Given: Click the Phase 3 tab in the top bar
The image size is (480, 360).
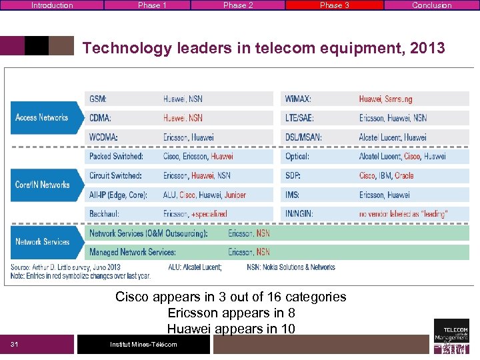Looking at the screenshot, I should [x=334, y=5].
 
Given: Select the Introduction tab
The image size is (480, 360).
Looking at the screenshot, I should [x=52, y=5].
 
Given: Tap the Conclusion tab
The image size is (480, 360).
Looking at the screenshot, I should [x=431, y=5].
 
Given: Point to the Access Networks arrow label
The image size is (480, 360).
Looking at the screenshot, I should [x=41, y=117].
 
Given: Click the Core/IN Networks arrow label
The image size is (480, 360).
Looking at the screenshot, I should [x=42, y=185].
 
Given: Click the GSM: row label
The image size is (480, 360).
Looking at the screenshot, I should [x=98, y=99].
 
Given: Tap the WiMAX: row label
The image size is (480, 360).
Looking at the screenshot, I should [x=298, y=99].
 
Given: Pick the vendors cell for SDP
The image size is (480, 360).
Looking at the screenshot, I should [x=386, y=176].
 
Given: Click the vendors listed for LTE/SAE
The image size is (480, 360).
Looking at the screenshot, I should [x=393, y=118].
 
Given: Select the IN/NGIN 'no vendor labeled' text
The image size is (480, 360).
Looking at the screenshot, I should [x=403, y=214].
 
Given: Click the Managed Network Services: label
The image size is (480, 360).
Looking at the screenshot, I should [x=133, y=252].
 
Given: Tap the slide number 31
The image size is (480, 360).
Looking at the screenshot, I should [x=14, y=344].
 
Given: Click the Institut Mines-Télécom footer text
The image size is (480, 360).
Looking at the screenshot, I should [x=143, y=344].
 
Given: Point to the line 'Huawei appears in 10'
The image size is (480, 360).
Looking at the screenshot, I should [x=231, y=328].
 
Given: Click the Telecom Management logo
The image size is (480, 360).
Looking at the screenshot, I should [x=451, y=337].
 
